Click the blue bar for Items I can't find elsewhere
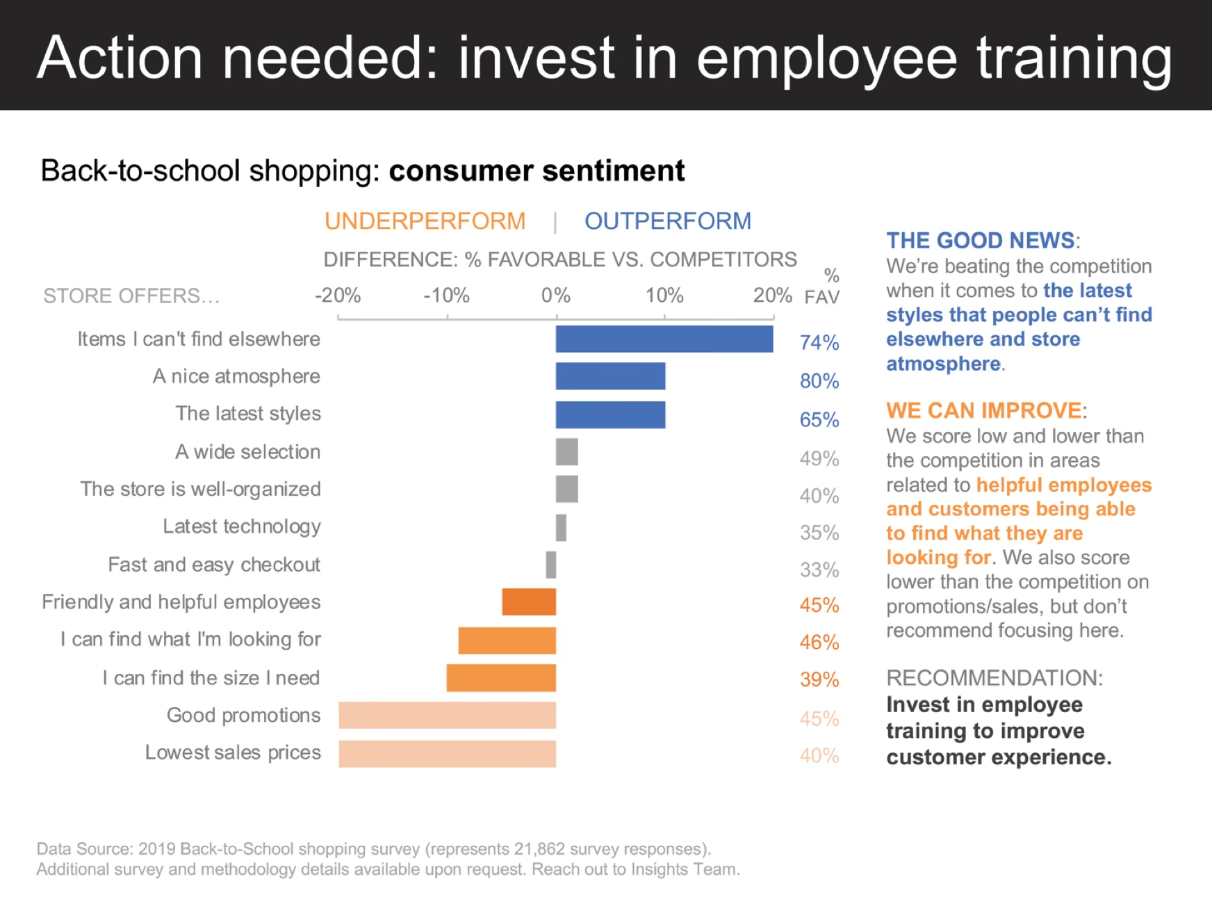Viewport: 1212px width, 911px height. click(x=664, y=339)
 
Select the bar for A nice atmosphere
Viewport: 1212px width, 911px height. click(x=610, y=376)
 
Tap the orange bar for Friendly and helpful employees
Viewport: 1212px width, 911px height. click(x=529, y=602)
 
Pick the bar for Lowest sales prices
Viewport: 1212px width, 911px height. click(x=447, y=754)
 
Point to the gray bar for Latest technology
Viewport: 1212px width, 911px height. click(x=561, y=528)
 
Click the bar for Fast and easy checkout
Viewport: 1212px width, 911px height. click(x=551, y=565)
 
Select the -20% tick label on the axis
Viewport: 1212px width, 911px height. click(x=338, y=296)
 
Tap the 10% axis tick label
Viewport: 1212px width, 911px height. click(x=664, y=296)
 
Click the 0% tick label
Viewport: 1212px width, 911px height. click(x=556, y=296)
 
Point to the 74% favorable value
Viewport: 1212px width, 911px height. click(x=819, y=342)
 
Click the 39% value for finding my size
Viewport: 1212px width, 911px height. click(x=819, y=679)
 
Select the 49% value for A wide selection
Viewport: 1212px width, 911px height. click(x=819, y=459)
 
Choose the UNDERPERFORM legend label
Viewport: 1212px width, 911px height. click(x=425, y=221)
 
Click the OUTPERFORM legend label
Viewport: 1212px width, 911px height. click(x=668, y=221)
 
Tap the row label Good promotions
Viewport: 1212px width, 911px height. click(x=243, y=716)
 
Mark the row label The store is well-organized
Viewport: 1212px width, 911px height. click(x=200, y=489)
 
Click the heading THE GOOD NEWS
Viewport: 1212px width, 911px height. click(x=981, y=241)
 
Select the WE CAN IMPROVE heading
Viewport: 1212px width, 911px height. click(x=984, y=410)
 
